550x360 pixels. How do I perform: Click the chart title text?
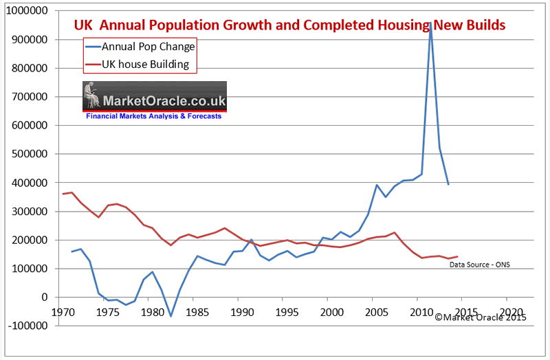tap(289, 25)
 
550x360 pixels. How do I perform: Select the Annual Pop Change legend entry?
tap(147, 47)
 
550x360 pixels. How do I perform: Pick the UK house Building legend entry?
tap(148, 66)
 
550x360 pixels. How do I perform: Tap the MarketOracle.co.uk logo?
tap(154, 95)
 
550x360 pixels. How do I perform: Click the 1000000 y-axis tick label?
tap(28, 11)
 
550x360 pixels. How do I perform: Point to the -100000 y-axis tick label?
tap(28, 326)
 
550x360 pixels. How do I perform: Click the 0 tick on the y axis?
tap(45, 297)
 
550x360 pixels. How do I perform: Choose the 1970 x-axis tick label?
tap(60, 310)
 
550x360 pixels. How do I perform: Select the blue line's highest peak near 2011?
tap(430, 22)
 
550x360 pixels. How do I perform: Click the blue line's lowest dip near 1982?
tap(170, 316)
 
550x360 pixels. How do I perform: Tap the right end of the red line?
tap(457, 256)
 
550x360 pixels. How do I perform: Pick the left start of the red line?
tap(63, 194)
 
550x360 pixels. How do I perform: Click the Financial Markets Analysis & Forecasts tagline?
tap(154, 117)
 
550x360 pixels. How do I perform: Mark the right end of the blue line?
tap(448, 184)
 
